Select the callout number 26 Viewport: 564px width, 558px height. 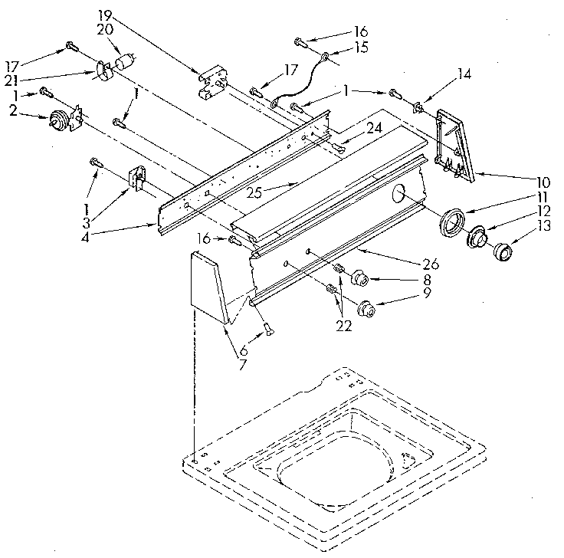pyautogui.click(x=431, y=264)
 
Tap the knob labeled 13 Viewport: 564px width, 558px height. pyautogui.click(x=503, y=252)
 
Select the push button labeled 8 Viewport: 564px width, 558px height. pyautogui.click(x=359, y=277)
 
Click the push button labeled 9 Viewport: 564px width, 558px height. pyautogui.click(x=369, y=309)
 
